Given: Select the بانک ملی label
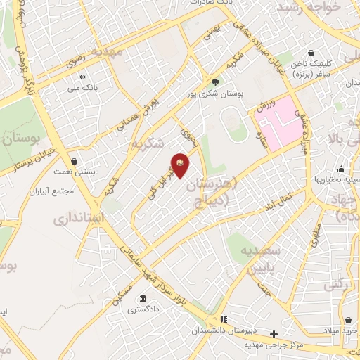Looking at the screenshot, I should click(83, 87).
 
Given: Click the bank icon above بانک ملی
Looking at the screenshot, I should click(83, 76).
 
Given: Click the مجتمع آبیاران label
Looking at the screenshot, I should click(53, 191).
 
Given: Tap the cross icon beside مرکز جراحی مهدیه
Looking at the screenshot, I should click(274, 333).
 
